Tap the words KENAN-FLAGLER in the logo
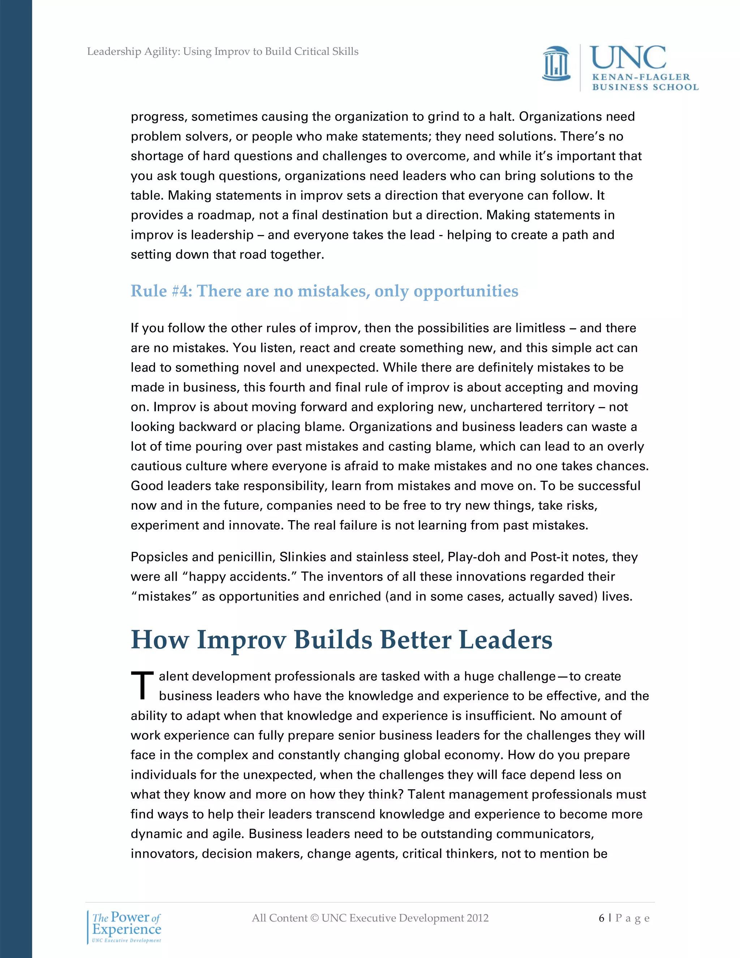pos(641,77)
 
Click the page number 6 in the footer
pos(602,918)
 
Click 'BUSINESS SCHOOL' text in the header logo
pos(645,87)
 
